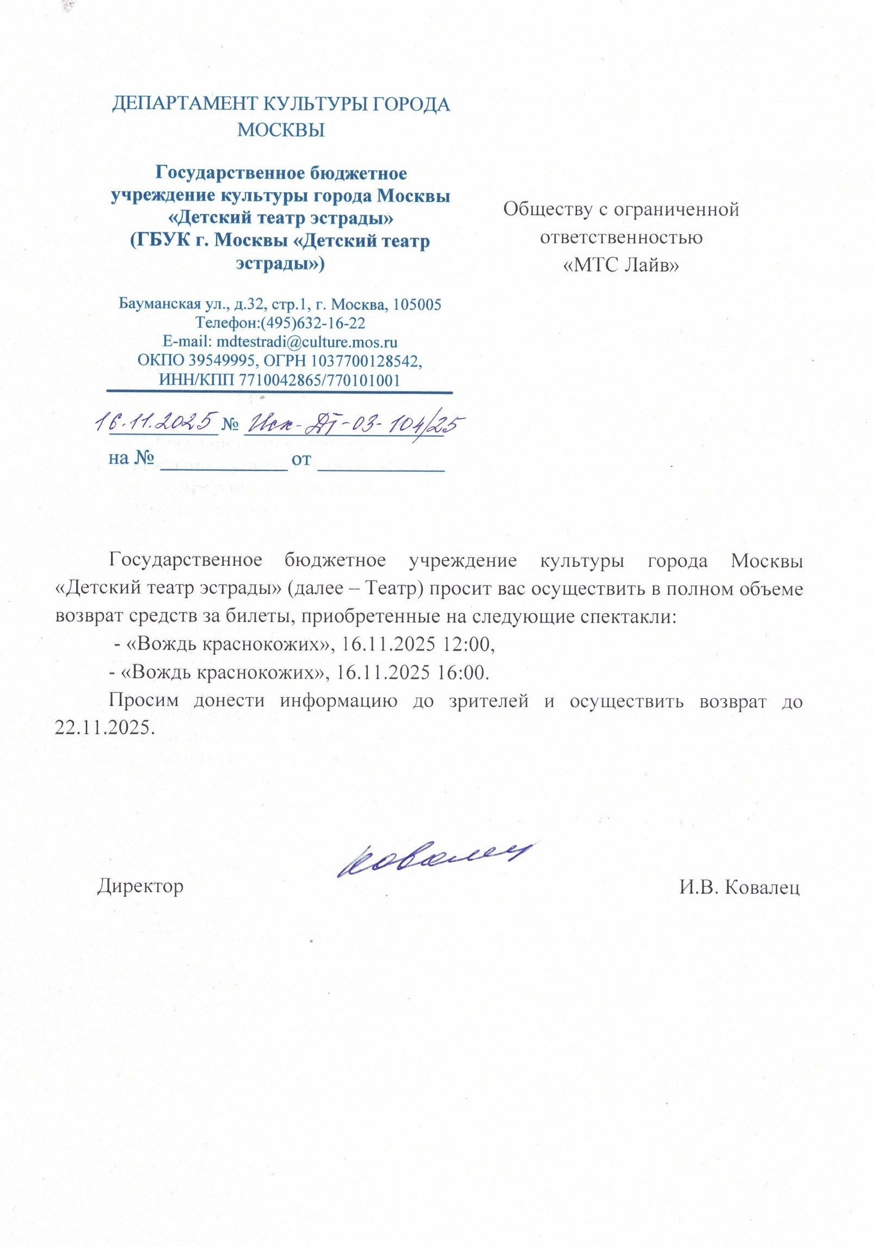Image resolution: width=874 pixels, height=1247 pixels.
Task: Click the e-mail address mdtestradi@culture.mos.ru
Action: point(306,342)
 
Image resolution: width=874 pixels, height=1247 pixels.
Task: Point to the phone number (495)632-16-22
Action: point(313,323)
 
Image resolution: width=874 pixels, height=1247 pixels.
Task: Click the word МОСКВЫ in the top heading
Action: point(281,130)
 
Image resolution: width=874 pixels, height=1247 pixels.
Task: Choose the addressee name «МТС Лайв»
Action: point(621,265)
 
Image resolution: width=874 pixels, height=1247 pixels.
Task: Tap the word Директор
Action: point(140,886)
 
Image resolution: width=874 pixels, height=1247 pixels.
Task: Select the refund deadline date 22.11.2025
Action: point(104,728)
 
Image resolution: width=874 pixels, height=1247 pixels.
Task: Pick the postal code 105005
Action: point(417,304)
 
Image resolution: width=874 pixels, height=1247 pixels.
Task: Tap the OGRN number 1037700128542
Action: point(366,361)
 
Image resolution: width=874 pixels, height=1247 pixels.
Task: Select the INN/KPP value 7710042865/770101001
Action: point(319,380)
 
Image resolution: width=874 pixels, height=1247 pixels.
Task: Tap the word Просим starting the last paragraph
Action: point(144,701)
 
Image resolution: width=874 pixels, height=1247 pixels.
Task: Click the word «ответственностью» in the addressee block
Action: point(621,237)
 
